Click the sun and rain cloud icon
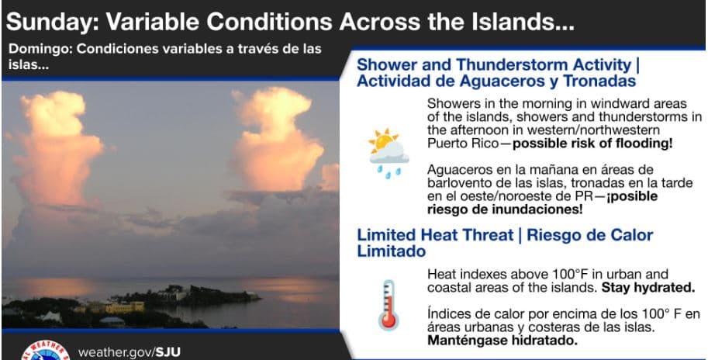tap(389, 154)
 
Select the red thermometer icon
tap(388, 305)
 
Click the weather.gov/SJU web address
tap(130, 352)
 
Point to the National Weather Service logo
tap(45, 351)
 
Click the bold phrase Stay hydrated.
tap(648, 288)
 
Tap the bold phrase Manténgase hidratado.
tap(503, 340)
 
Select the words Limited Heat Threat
tap(435, 235)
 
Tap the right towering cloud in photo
tap(278, 140)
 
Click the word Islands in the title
tap(506, 21)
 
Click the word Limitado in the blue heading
tap(391, 251)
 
